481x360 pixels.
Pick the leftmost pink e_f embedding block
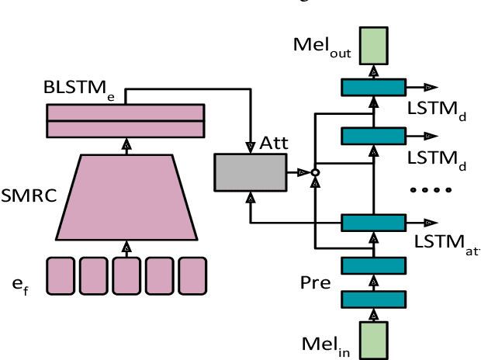click(x=60, y=275)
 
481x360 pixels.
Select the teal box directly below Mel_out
click(x=374, y=87)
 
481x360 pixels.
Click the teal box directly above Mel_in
click(x=374, y=299)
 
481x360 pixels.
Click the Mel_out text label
click(x=322, y=45)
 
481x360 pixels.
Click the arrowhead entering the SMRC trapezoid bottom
click(x=125, y=246)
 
